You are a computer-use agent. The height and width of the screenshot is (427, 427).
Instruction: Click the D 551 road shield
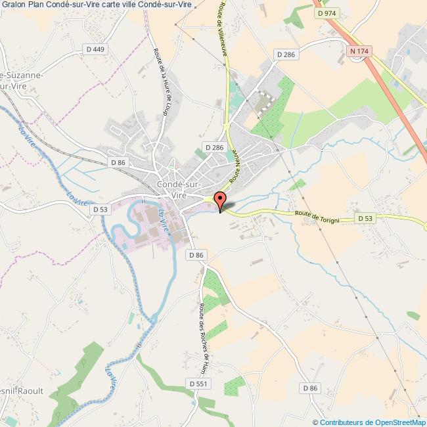(198, 383)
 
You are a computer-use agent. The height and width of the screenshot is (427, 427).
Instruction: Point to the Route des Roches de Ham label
(204, 336)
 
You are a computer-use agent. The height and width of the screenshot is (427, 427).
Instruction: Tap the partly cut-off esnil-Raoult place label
(22, 391)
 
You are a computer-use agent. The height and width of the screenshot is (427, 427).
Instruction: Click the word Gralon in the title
(14, 6)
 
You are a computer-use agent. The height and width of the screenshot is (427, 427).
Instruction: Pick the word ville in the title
(145, 6)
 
